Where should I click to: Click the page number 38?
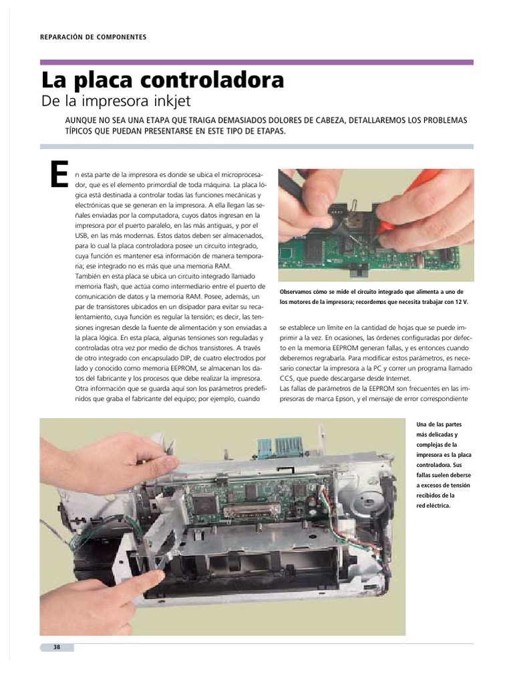pyautogui.click(x=57, y=647)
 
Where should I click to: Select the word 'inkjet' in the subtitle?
pyautogui.click(x=169, y=102)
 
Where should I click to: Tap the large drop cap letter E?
pyautogui.click(x=59, y=174)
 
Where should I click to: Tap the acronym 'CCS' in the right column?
pyautogui.click(x=289, y=377)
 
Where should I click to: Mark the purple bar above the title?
pyautogui.click(x=256, y=62)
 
